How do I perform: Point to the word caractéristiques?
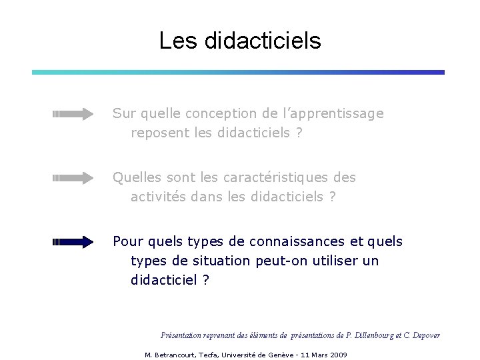tap(275, 178)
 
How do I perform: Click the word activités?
tap(158, 197)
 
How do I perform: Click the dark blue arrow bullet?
tap(73, 242)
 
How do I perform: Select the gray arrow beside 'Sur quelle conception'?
tap(73, 114)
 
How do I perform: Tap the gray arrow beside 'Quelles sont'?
tap(73, 178)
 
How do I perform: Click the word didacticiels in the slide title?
tap(263, 41)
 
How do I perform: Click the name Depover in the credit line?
tap(426, 335)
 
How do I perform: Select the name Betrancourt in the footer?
tap(175, 355)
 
